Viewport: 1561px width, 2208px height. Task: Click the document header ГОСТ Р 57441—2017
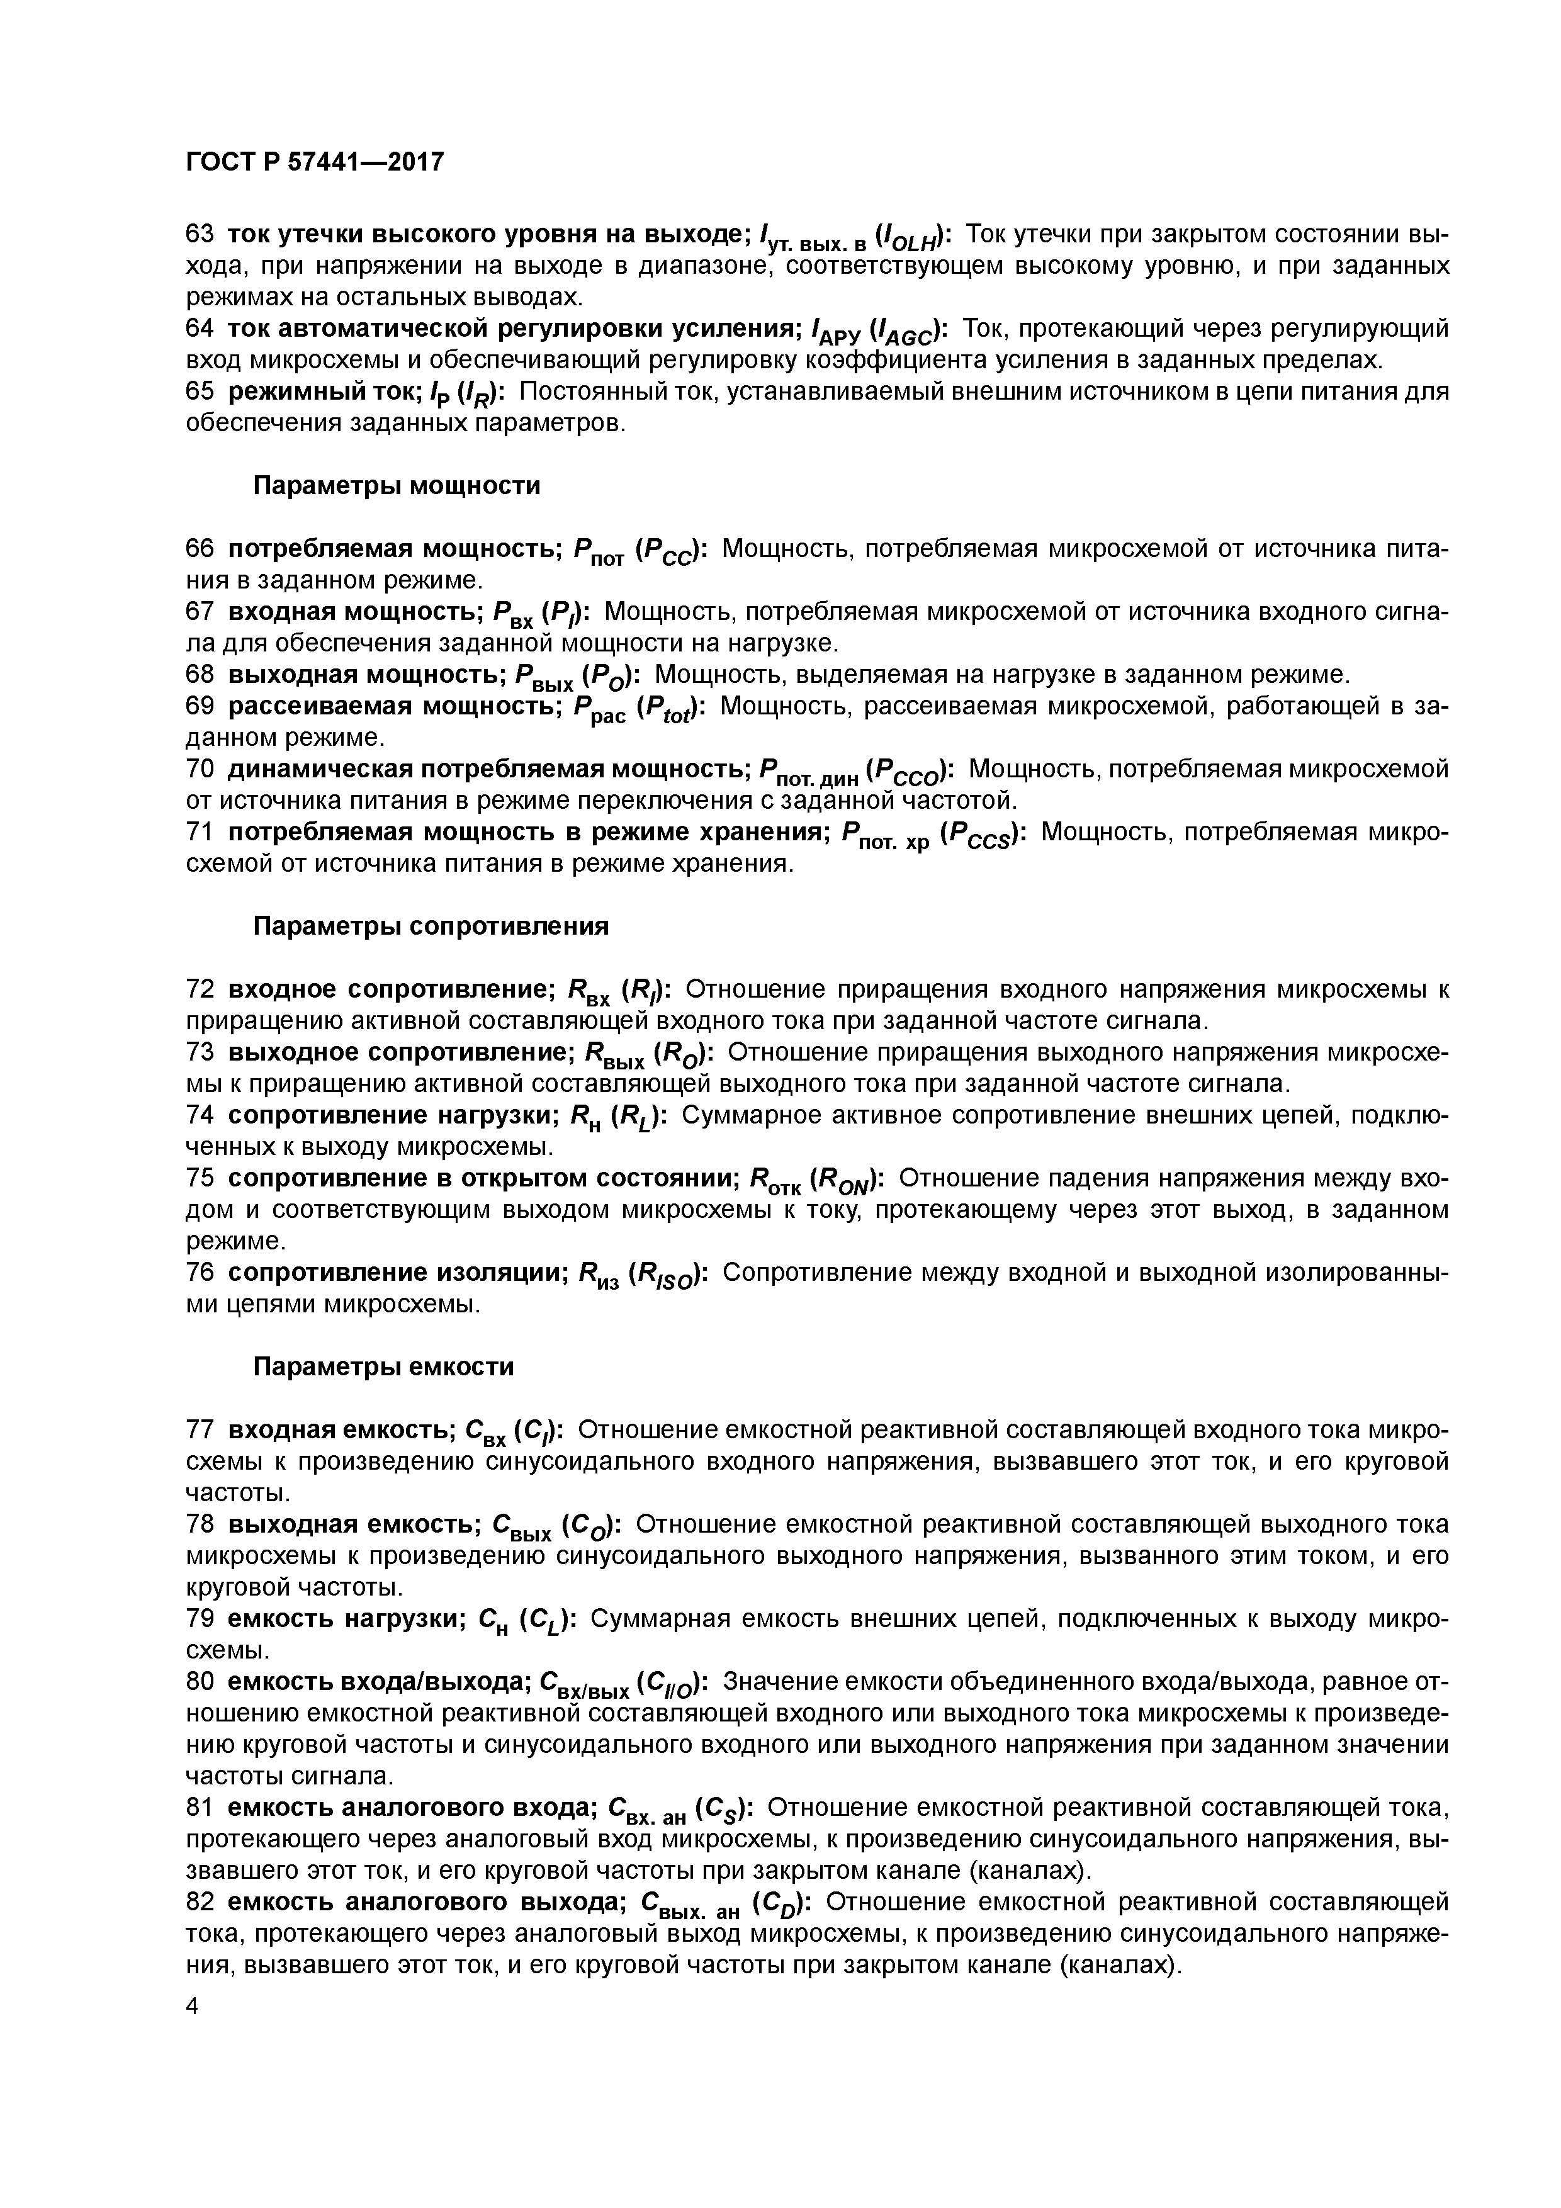click(x=315, y=162)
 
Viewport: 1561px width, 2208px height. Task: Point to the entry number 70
click(x=200, y=769)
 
